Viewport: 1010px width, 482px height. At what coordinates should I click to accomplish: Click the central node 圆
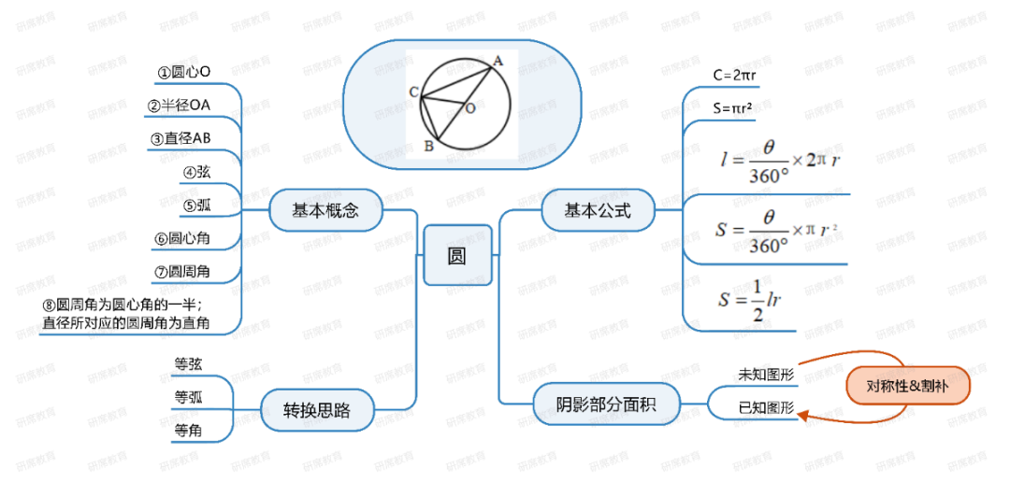coord(457,255)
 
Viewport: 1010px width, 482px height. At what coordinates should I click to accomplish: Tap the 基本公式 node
coord(598,210)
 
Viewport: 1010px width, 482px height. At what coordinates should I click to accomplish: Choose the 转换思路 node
coord(317,409)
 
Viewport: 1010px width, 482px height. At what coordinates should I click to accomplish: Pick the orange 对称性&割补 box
coord(907,386)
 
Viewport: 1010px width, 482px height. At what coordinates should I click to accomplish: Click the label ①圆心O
coord(183,71)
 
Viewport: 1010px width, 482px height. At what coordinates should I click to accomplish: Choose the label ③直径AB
coord(181,138)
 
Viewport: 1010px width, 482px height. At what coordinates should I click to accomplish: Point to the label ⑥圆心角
coord(182,238)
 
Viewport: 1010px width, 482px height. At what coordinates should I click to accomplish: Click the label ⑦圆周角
coord(182,272)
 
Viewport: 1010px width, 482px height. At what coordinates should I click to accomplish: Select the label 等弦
coord(188,363)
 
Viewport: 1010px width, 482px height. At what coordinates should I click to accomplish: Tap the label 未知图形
coord(765,375)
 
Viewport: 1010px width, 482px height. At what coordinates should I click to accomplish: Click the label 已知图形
coord(765,407)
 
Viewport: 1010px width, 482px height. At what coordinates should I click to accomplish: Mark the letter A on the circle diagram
coord(498,61)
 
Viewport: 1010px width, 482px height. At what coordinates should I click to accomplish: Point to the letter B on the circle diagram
coord(428,146)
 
